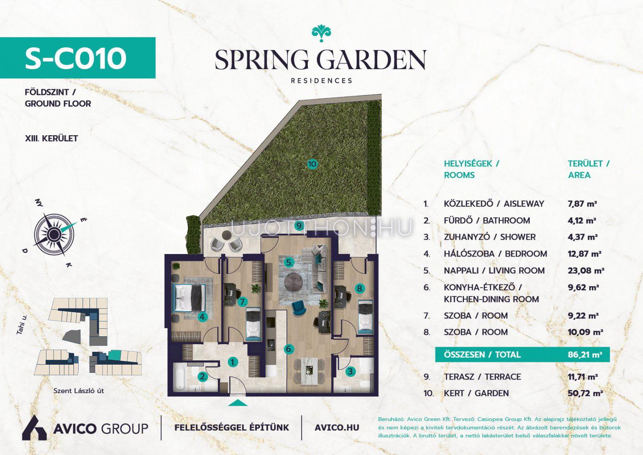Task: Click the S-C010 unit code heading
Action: (76, 59)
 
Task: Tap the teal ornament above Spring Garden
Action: (321, 34)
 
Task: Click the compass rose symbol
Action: (54, 235)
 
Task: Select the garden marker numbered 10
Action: (312, 164)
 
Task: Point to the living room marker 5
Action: (289, 262)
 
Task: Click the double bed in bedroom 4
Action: (189, 297)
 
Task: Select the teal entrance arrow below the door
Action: (237, 403)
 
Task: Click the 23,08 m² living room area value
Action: (586, 270)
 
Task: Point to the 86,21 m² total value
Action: (585, 354)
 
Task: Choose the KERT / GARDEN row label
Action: (476, 393)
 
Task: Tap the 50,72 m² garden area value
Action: (585, 393)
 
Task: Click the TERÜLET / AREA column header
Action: (589, 169)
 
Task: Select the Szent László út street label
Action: (79, 391)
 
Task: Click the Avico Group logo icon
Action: (35, 428)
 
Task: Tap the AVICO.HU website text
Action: (337, 428)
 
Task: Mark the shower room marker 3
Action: (350, 372)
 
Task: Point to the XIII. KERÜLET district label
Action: (51, 139)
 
